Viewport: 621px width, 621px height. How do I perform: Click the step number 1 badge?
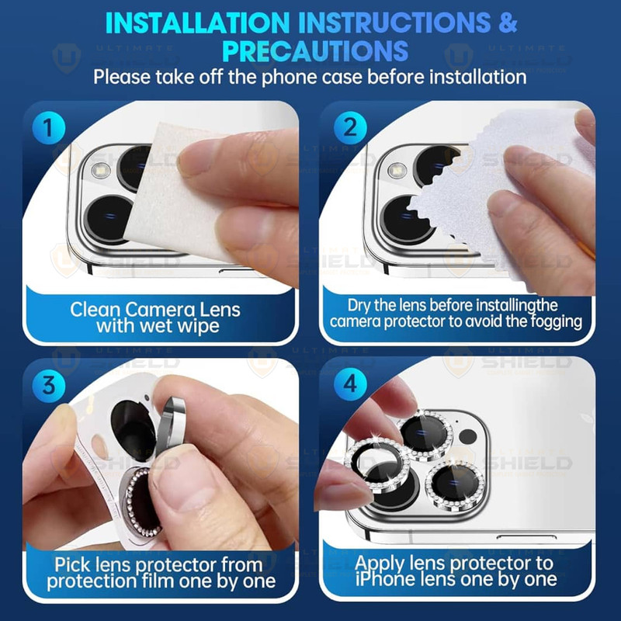click(48, 127)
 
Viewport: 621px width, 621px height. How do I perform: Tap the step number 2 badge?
click(350, 127)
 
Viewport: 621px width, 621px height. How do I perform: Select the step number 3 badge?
click(48, 384)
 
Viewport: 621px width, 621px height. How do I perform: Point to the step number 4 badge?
click(350, 383)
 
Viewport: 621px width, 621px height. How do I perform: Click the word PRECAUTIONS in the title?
click(316, 51)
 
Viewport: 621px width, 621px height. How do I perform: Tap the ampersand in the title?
click(508, 23)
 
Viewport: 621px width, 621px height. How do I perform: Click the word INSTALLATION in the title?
click(198, 23)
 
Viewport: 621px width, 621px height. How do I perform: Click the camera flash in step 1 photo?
click(100, 170)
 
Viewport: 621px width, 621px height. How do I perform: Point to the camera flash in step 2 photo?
click(397, 170)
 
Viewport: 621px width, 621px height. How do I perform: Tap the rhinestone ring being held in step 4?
click(376, 466)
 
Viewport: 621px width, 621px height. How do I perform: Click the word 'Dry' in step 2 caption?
click(359, 306)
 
